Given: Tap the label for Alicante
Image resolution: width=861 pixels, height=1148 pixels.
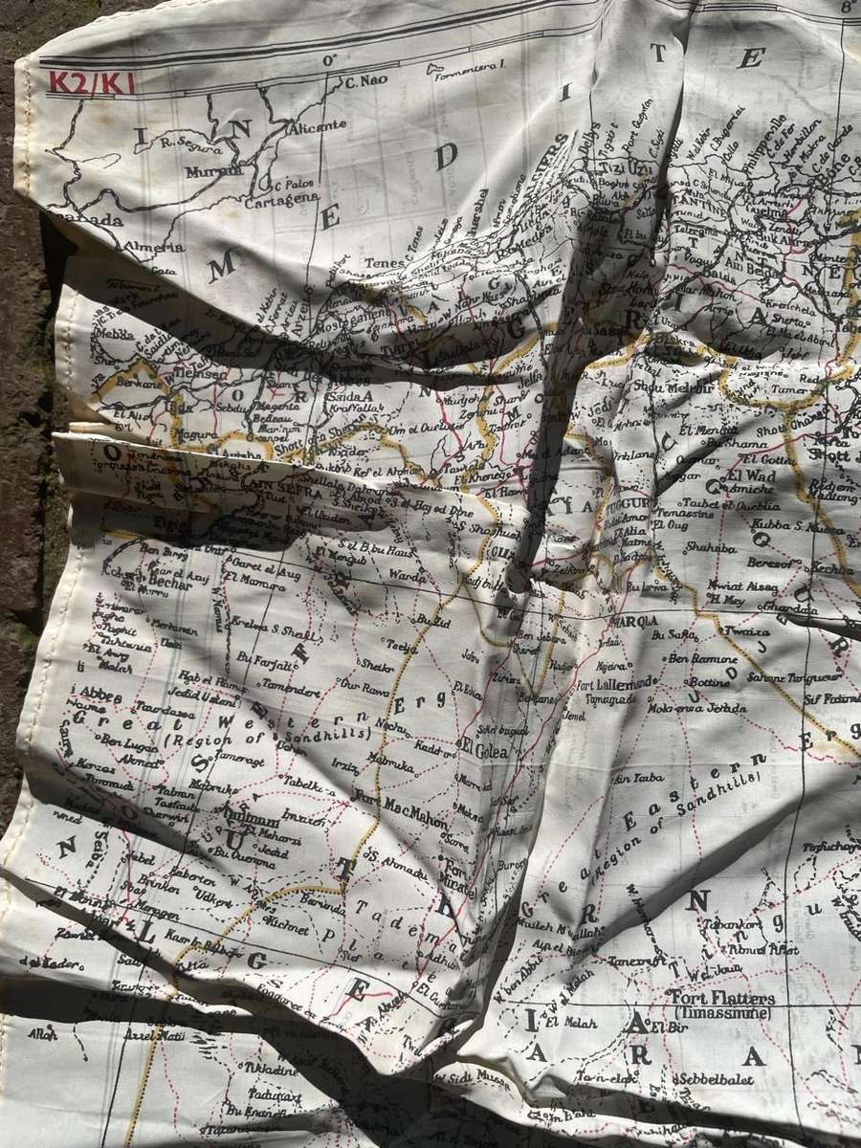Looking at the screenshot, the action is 318,124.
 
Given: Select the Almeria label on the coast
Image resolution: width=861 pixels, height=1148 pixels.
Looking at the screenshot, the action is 154,247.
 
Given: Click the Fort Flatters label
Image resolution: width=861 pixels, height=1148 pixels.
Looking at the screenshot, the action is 716,998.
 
